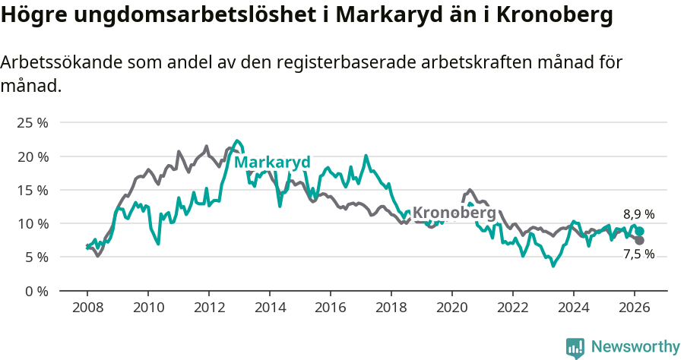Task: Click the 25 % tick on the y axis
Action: click(x=32, y=123)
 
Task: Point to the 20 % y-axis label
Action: click(x=32, y=156)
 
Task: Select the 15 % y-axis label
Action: click(x=32, y=190)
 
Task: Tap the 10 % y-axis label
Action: click(x=32, y=223)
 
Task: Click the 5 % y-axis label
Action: click(x=35, y=257)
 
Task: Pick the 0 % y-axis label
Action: click(x=35, y=291)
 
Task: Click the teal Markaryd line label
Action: click(x=272, y=163)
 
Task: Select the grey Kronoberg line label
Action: click(x=454, y=213)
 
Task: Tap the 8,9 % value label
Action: click(x=638, y=215)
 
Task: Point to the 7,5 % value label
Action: click(x=638, y=254)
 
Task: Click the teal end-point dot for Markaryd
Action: click(x=640, y=232)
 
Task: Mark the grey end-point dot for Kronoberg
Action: click(x=640, y=240)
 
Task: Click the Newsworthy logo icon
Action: click(x=575, y=347)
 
